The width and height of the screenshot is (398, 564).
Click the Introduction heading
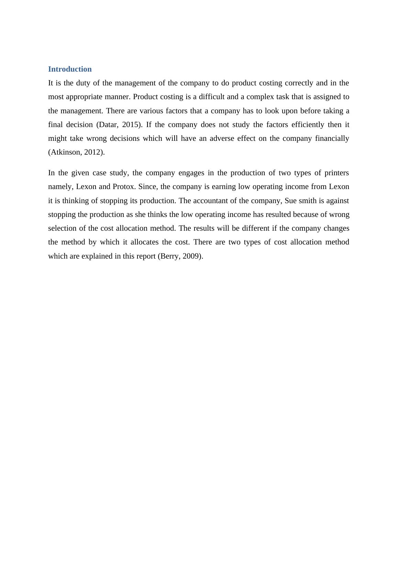(x=70, y=69)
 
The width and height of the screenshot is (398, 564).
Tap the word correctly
(x=297, y=83)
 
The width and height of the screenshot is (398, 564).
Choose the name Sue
(x=291, y=201)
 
